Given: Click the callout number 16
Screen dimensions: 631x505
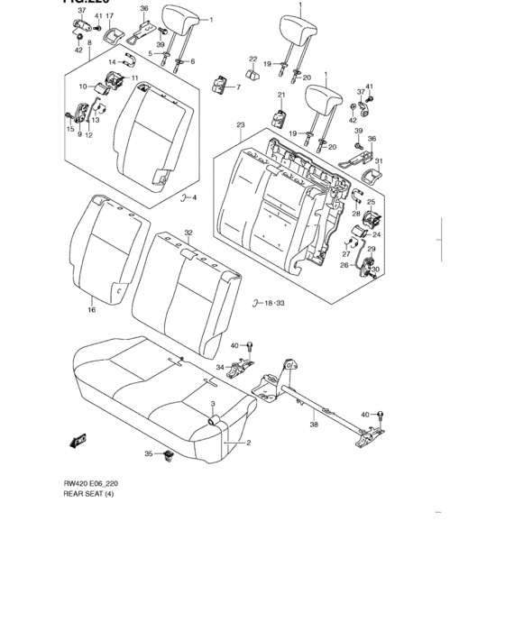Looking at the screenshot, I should click(x=91, y=309).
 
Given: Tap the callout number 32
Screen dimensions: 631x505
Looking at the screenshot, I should click(x=188, y=233).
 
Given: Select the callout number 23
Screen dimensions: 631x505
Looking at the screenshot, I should click(x=241, y=125).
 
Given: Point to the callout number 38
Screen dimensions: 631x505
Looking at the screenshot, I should click(x=314, y=425).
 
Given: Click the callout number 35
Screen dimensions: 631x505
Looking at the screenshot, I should click(x=149, y=453).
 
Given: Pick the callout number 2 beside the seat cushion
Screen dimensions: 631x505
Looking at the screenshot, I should click(x=248, y=443).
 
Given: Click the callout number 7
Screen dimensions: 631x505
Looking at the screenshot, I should click(x=238, y=87).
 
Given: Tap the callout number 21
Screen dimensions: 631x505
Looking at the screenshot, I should click(x=280, y=95).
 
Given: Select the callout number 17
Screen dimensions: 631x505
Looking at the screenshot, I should click(x=109, y=17).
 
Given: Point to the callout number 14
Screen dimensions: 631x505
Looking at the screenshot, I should click(x=113, y=61).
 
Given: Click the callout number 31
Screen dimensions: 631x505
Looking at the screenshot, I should click(x=379, y=161).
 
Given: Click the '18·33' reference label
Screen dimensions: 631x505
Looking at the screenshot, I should click(x=268, y=304).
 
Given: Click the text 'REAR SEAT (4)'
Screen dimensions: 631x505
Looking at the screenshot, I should click(x=89, y=495).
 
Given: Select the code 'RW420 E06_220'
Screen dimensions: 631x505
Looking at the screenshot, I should click(x=91, y=484).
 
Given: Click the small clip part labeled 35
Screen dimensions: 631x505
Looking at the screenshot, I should click(x=169, y=456).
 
